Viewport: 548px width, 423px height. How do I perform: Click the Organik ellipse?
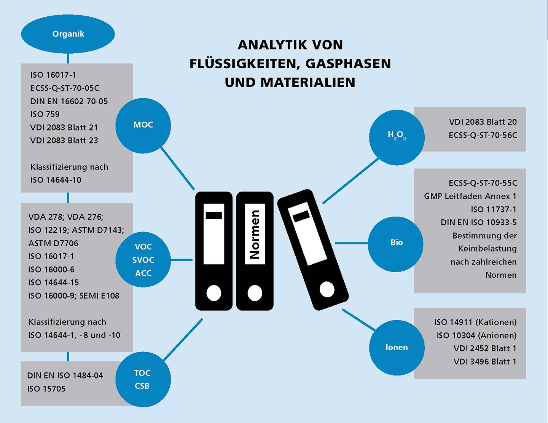pyautogui.click(x=68, y=34)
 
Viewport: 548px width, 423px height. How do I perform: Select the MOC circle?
pyautogui.click(x=143, y=126)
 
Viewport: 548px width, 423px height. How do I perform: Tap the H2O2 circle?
pyautogui.click(x=397, y=137)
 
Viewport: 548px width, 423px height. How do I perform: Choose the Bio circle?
pyautogui.click(x=396, y=244)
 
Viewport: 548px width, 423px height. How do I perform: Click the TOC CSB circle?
pyautogui.click(x=143, y=379)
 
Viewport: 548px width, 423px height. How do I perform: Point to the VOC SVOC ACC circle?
pyautogui.click(x=143, y=259)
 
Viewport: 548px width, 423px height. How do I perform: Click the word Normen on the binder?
pyautogui.click(x=255, y=234)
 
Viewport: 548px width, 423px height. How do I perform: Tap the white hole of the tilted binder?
pyautogui.click(x=327, y=290)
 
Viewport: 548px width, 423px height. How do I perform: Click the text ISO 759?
pyautogui.click(x=45, y=114)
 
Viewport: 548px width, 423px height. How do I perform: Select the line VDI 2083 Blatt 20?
pyautogui.click(x=483, y=122)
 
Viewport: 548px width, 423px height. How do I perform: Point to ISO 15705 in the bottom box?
pyautogui.click(x=47, y=389)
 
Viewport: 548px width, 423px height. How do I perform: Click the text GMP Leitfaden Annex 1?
pyautogui.click(x=470, y=196)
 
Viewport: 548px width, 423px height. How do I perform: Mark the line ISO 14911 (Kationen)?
pyautogui.click(x=475, y=322)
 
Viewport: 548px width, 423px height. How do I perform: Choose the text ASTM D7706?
pyautogui.click(x=53, y=243)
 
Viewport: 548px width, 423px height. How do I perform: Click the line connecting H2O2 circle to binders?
pyautogui.click(x=351, y=180)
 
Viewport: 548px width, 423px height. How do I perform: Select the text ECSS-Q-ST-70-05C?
pyautogui.click(x=65, y=88)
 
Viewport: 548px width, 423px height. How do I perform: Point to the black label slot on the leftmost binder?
pyautogui.click(x=213, y=215)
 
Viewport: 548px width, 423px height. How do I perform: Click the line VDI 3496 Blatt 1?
pyautogui.click(x=485, y=362)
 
